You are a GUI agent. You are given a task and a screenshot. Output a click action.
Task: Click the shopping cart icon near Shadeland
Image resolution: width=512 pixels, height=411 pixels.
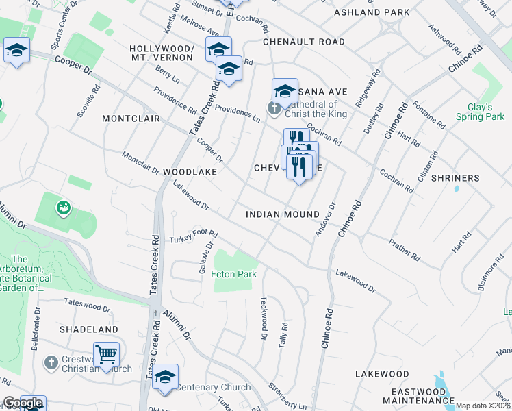click(106, 355)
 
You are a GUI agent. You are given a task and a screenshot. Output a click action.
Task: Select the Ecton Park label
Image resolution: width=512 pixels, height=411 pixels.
click(233, 275)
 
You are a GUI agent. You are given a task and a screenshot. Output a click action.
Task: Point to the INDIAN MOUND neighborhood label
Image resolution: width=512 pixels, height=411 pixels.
click(283, 214)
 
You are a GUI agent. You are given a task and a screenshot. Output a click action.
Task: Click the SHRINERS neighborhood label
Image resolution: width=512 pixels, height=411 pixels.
click(456, 178)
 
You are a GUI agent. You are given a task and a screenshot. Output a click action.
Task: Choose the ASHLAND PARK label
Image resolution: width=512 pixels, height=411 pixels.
click(372, 12)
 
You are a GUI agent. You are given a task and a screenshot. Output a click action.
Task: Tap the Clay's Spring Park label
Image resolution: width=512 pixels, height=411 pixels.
click(485, 112)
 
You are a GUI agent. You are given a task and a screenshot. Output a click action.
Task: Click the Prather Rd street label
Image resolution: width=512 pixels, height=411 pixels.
click(404, 250)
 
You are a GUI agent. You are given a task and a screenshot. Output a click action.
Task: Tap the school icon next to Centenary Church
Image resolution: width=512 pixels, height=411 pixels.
click(165, 377)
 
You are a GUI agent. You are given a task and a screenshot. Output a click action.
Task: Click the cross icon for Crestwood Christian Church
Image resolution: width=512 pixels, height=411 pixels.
click(51, 362)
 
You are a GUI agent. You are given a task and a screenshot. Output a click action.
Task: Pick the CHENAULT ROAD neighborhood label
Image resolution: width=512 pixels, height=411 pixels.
click(304, 42)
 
